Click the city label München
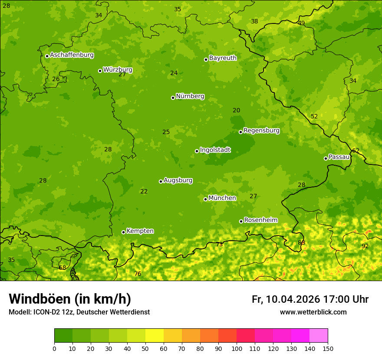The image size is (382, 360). (x=222, y=198)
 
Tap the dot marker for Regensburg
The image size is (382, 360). (x=240, y=132)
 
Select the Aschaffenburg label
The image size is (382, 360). (x=72, y=55)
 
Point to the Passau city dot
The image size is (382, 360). (x=326, y=158)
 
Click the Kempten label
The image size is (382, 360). (x=140, y=231)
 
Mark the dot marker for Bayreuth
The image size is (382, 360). (x=206, y=59)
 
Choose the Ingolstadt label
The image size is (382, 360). (x=215, y=150)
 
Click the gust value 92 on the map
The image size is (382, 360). (x=365, y=246)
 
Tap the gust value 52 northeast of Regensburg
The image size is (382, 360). (x=314, y=117)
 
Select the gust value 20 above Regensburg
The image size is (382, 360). (x=236, y=111)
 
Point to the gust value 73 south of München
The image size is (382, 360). (x=219, y=245)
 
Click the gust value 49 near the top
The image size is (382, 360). (x=301, y=23)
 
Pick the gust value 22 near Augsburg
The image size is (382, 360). (x=144, y=192)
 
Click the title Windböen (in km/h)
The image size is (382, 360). (x=70, y=299)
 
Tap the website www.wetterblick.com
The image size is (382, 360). (x=313, y=312)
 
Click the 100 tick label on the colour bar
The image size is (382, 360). (x=237, y=348)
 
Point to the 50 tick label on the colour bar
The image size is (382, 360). (x=145, y=348)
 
